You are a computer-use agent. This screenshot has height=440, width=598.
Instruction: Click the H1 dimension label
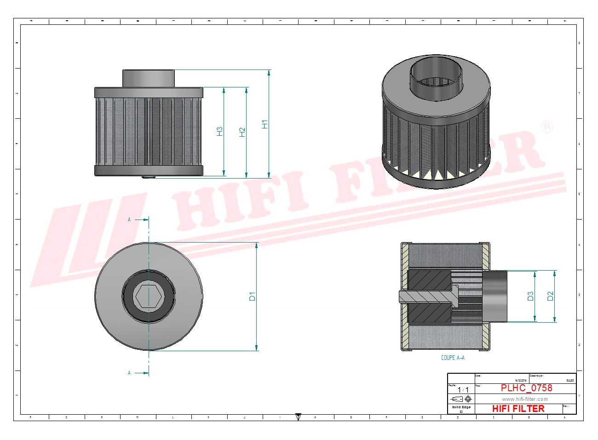(264, 124)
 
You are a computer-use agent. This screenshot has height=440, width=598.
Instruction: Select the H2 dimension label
(242, 132)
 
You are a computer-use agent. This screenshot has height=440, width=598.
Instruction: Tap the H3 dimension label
(220, 132)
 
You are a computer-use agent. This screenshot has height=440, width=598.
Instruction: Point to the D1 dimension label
(252, 296)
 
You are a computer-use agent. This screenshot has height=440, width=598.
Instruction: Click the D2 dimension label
(550, 296)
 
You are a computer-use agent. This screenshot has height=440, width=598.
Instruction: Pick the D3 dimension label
(530, 296)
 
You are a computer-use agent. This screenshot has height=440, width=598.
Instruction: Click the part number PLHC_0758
(526, 388)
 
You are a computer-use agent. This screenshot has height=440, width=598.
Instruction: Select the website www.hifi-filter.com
(524, 399)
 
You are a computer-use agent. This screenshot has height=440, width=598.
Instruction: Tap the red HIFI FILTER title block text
(518, 409)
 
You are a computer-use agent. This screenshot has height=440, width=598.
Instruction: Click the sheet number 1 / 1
(463, 390)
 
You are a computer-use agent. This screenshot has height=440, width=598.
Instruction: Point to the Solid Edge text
(461, 407)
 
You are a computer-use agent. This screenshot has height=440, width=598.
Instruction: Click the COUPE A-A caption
(453, 358)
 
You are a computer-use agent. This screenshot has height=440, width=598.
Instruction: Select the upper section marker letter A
(129, 220)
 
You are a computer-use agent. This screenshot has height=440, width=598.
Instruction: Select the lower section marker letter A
(129, 373)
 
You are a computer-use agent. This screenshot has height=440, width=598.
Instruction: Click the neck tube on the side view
(148, 78)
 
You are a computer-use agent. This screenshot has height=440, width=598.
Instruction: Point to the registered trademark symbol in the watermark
(547, 127)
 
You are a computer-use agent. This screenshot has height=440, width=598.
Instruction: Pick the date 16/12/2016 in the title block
(521, 380)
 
